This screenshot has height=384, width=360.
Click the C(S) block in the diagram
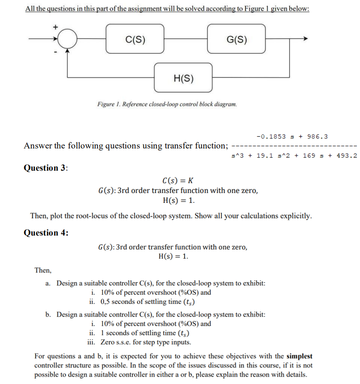click(135, 39)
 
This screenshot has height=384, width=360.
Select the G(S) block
click(237, 39)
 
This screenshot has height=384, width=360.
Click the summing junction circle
click(67, 39)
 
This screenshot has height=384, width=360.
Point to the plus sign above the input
click(55, 27)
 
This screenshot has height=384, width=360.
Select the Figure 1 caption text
click(167, 104)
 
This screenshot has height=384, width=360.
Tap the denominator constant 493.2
click(347, 155)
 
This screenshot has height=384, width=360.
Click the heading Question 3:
click(46, 168)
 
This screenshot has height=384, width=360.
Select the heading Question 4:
click(46, 232)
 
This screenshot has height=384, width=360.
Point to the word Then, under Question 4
click(43, 270)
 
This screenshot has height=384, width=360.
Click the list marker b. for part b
click(48, 314)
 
